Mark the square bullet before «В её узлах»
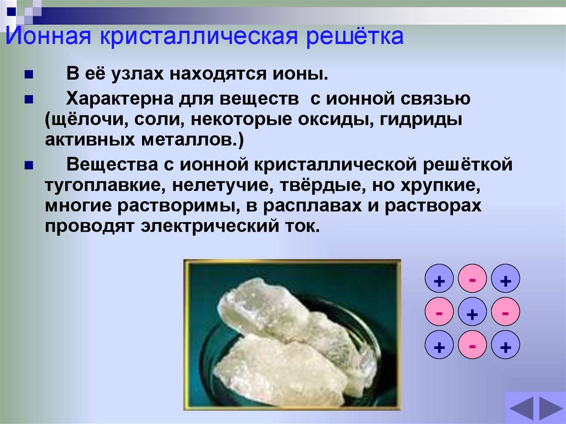[x=29, y=75]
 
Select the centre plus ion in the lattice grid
[x=472, y=315]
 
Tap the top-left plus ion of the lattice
[x=439, y=281]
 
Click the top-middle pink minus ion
[x=472, y=280]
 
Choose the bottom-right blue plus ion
[x=505, y=348]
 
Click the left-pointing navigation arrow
[x=522, y=409]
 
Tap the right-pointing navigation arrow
[x=551, y=409]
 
